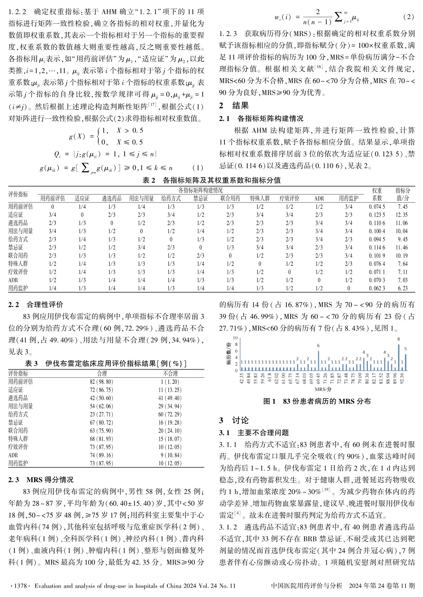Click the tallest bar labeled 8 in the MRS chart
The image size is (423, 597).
399,357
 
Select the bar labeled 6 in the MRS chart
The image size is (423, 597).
318,360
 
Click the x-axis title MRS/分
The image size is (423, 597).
323,389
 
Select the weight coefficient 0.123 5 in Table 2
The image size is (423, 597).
377,215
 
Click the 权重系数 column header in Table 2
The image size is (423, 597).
377,194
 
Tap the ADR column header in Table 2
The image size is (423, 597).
319,198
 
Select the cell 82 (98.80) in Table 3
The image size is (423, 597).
102,382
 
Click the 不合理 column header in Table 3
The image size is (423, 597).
170,374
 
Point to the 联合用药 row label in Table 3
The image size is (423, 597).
18,431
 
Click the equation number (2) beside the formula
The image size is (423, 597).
408,17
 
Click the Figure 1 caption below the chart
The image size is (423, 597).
317,401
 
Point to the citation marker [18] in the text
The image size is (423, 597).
318,67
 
